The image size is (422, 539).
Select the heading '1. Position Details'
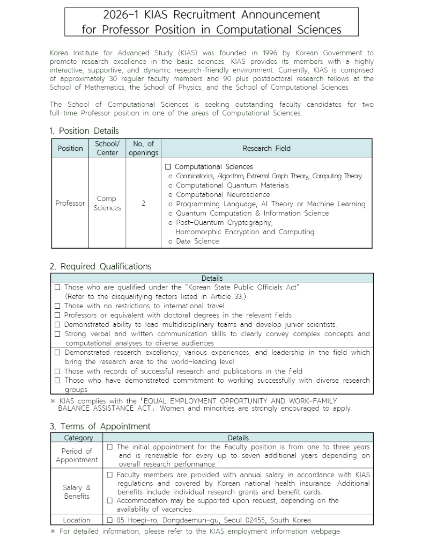point(84,130)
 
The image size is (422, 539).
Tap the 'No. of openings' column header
point(144,148)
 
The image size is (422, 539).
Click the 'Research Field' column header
point(266,148)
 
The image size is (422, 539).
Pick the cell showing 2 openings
point(144,203)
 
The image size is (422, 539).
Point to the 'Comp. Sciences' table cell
point(107,203)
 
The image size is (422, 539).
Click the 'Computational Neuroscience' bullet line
point(223,194)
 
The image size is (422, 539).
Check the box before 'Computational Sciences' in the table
point(168,167)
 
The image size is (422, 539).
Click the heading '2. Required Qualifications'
point(100,266)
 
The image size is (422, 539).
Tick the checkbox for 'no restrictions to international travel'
point(57,306)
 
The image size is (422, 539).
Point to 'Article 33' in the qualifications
point(227,296)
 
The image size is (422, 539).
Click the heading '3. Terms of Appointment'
point(100,426)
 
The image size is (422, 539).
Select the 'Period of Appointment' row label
point(77,455)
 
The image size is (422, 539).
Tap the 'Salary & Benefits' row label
point(77,492)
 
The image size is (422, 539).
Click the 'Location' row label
point(77,520)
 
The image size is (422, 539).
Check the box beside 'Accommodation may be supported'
point(110,501)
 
